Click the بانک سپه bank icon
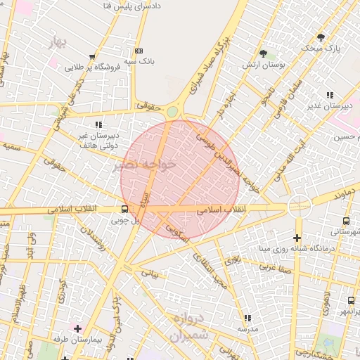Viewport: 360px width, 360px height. tap(138, 51)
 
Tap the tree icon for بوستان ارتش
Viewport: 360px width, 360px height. tap(263, 53)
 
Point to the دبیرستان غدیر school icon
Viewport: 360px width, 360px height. tap(329, 95)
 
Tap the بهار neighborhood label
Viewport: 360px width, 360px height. tap(59, 43)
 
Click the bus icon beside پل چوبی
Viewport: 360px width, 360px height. tap(124, 209)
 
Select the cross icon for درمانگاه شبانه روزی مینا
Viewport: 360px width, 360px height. tap(297, 238)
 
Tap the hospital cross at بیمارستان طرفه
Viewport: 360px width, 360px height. tap(77, 328)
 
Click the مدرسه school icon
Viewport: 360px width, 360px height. tap(247, 319)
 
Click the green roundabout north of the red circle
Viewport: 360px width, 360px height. tap(172, 111)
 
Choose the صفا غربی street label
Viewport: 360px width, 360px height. tap(275, 267)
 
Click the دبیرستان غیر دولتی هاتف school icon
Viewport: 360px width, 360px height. tap(97, 124)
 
